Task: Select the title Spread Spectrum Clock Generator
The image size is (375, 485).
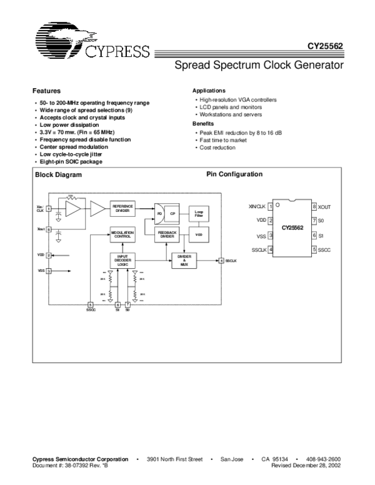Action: pos(259,64)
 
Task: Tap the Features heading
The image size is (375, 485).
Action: pos(46,91)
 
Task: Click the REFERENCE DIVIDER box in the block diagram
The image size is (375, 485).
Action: pos(122,209)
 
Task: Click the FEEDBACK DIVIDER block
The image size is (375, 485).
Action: pos(166,235)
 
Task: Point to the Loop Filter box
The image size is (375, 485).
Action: pos(199,214)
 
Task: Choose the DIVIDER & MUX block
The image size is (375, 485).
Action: pos(184,261)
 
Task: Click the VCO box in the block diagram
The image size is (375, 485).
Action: pos(199,234)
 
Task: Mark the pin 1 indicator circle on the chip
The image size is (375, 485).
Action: pos(278,205)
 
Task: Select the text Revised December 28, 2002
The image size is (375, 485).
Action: pos(306,466)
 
